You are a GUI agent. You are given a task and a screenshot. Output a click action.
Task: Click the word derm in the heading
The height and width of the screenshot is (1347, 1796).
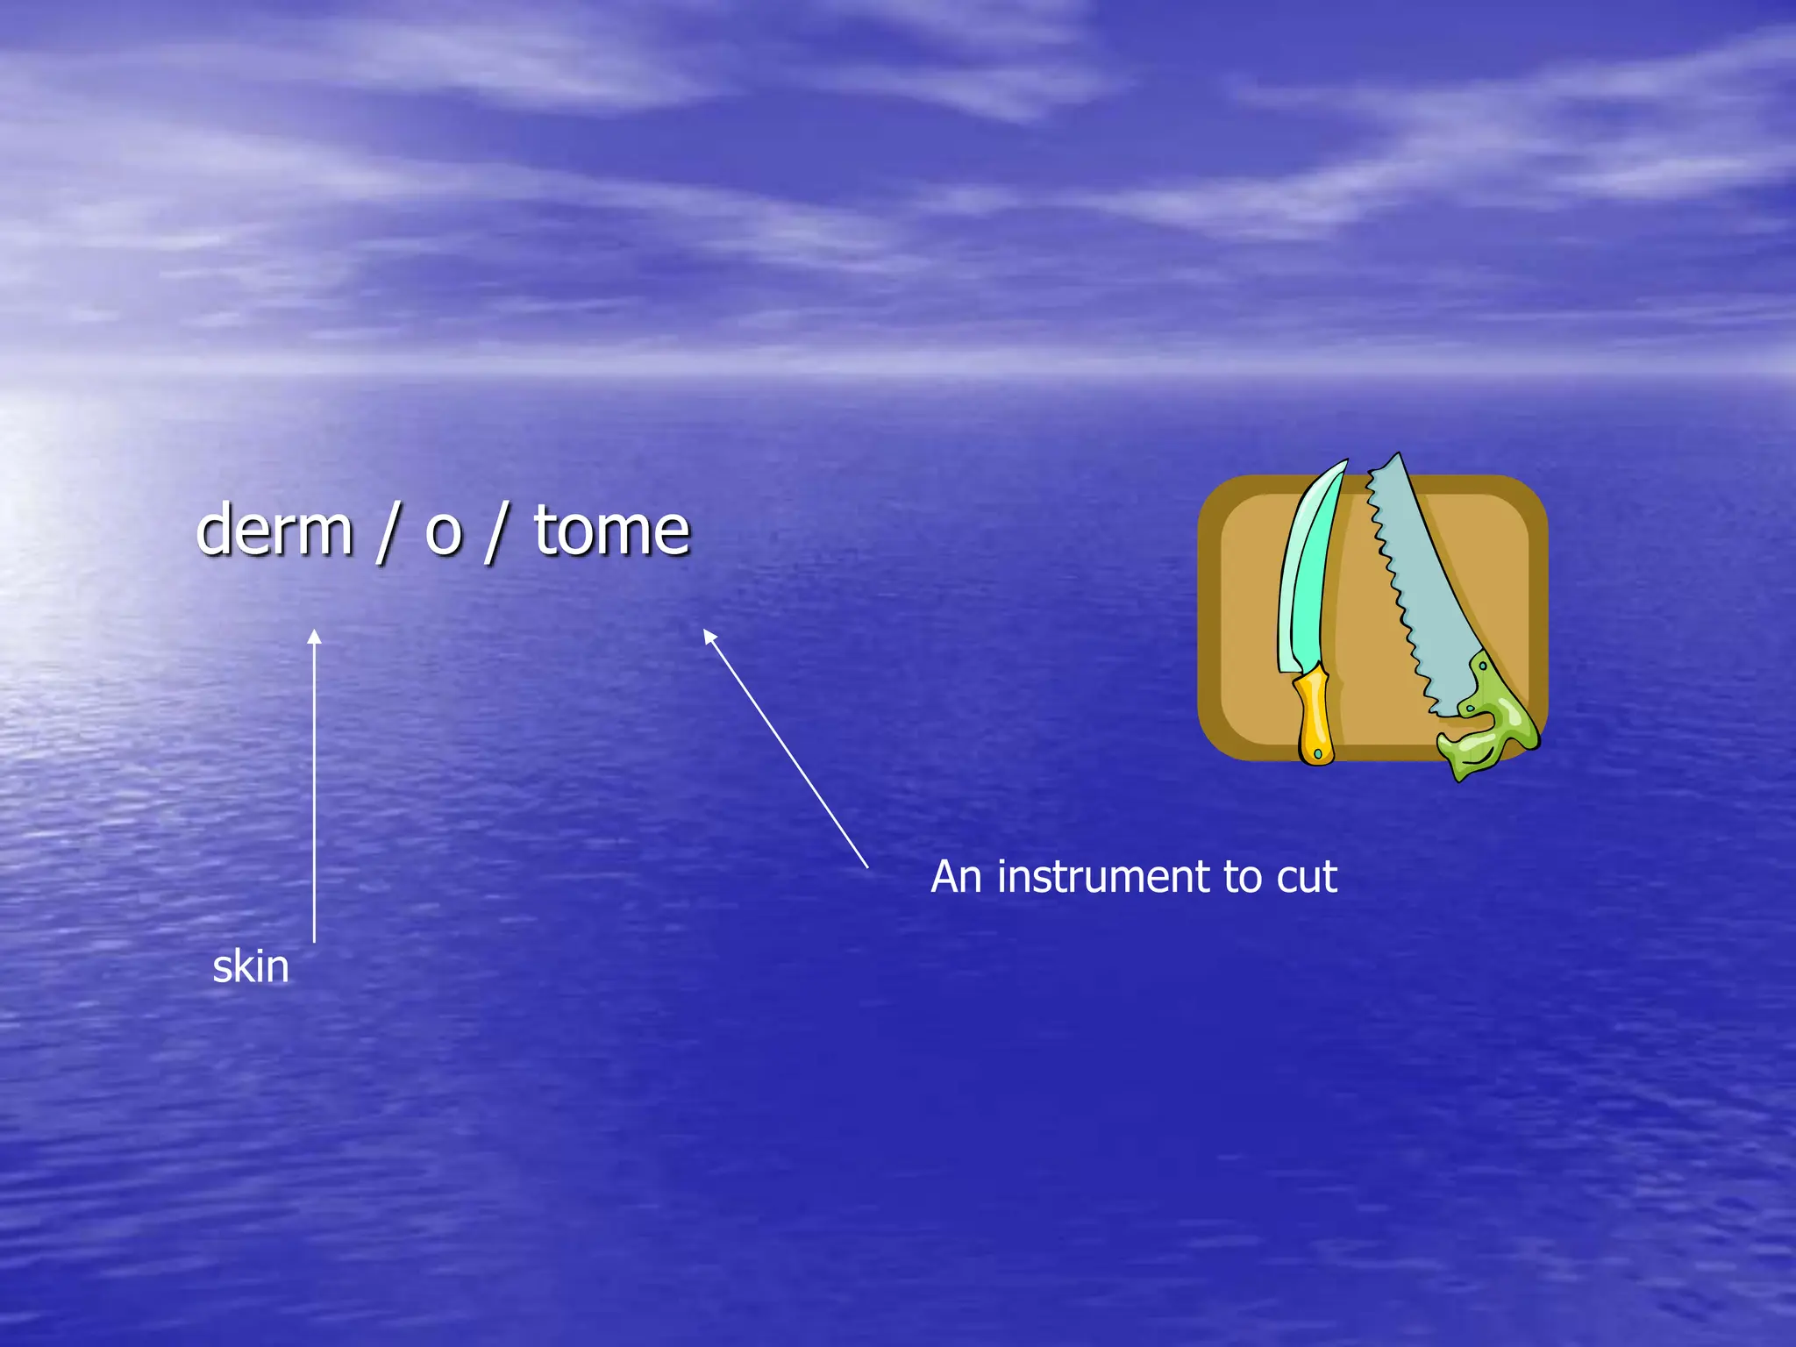274,531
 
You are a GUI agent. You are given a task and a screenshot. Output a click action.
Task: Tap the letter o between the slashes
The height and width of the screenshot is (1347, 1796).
443,533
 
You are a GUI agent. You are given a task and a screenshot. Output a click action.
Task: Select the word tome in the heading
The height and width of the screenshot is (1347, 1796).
612,531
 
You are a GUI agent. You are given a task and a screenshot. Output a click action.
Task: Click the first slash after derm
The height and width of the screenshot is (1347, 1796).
384,533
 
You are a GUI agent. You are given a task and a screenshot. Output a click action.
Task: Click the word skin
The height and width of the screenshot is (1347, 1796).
251,966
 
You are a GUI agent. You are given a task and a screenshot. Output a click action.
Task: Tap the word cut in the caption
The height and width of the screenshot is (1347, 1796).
1307,877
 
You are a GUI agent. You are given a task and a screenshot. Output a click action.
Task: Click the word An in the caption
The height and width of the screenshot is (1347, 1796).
956,877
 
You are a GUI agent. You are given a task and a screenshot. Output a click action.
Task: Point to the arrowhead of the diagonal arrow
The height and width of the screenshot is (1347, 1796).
709,635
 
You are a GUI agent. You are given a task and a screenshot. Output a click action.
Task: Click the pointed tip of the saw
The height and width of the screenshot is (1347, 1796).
1398,456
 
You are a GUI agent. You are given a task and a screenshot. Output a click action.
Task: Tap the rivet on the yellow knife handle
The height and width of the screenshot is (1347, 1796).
1317,753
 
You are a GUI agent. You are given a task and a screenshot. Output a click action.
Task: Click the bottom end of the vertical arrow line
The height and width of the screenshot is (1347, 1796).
314,940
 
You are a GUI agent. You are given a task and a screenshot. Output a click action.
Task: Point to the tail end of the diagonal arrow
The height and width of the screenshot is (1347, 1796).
866,866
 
